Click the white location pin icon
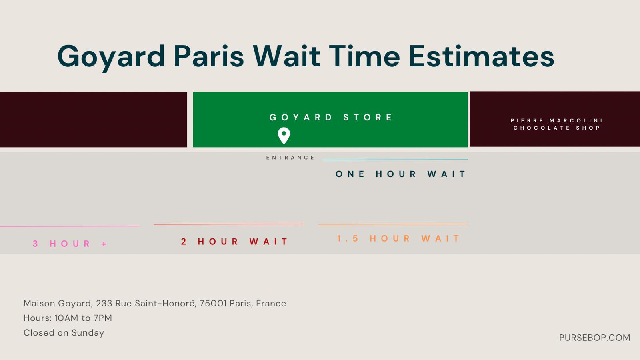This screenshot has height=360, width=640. click(x=284, y=136)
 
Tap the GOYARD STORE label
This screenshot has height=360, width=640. click(x=331, y=117)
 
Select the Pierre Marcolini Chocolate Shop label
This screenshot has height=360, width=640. click(x=556, y=124)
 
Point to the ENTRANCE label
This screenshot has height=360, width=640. click(x=290, y=158)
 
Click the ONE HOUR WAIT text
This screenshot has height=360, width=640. click(x=400, y=174)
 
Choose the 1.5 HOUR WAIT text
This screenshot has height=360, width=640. click(x=398, y=238)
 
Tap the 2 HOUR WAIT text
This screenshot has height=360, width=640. click(x=234, y=242)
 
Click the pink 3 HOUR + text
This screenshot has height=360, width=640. click(x=70, y=244)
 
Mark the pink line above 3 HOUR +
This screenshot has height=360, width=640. click(x=70, y=226)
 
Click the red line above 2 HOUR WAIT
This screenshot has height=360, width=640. click(x=228, y=224)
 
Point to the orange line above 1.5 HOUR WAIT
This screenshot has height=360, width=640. click(x=393, y=224)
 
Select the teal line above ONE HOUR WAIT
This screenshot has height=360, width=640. click(x=396, y=160)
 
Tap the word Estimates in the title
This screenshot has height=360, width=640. click(x=482, y=56)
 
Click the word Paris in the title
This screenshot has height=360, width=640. click(x=208, y=56)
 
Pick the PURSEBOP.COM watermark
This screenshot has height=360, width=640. click(x=594, y=338)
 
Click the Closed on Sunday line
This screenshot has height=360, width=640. click(x=64, y=333)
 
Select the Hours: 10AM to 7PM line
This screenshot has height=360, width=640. click(x=68, y=318)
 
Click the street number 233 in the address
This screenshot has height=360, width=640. click(x=104, y=304)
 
